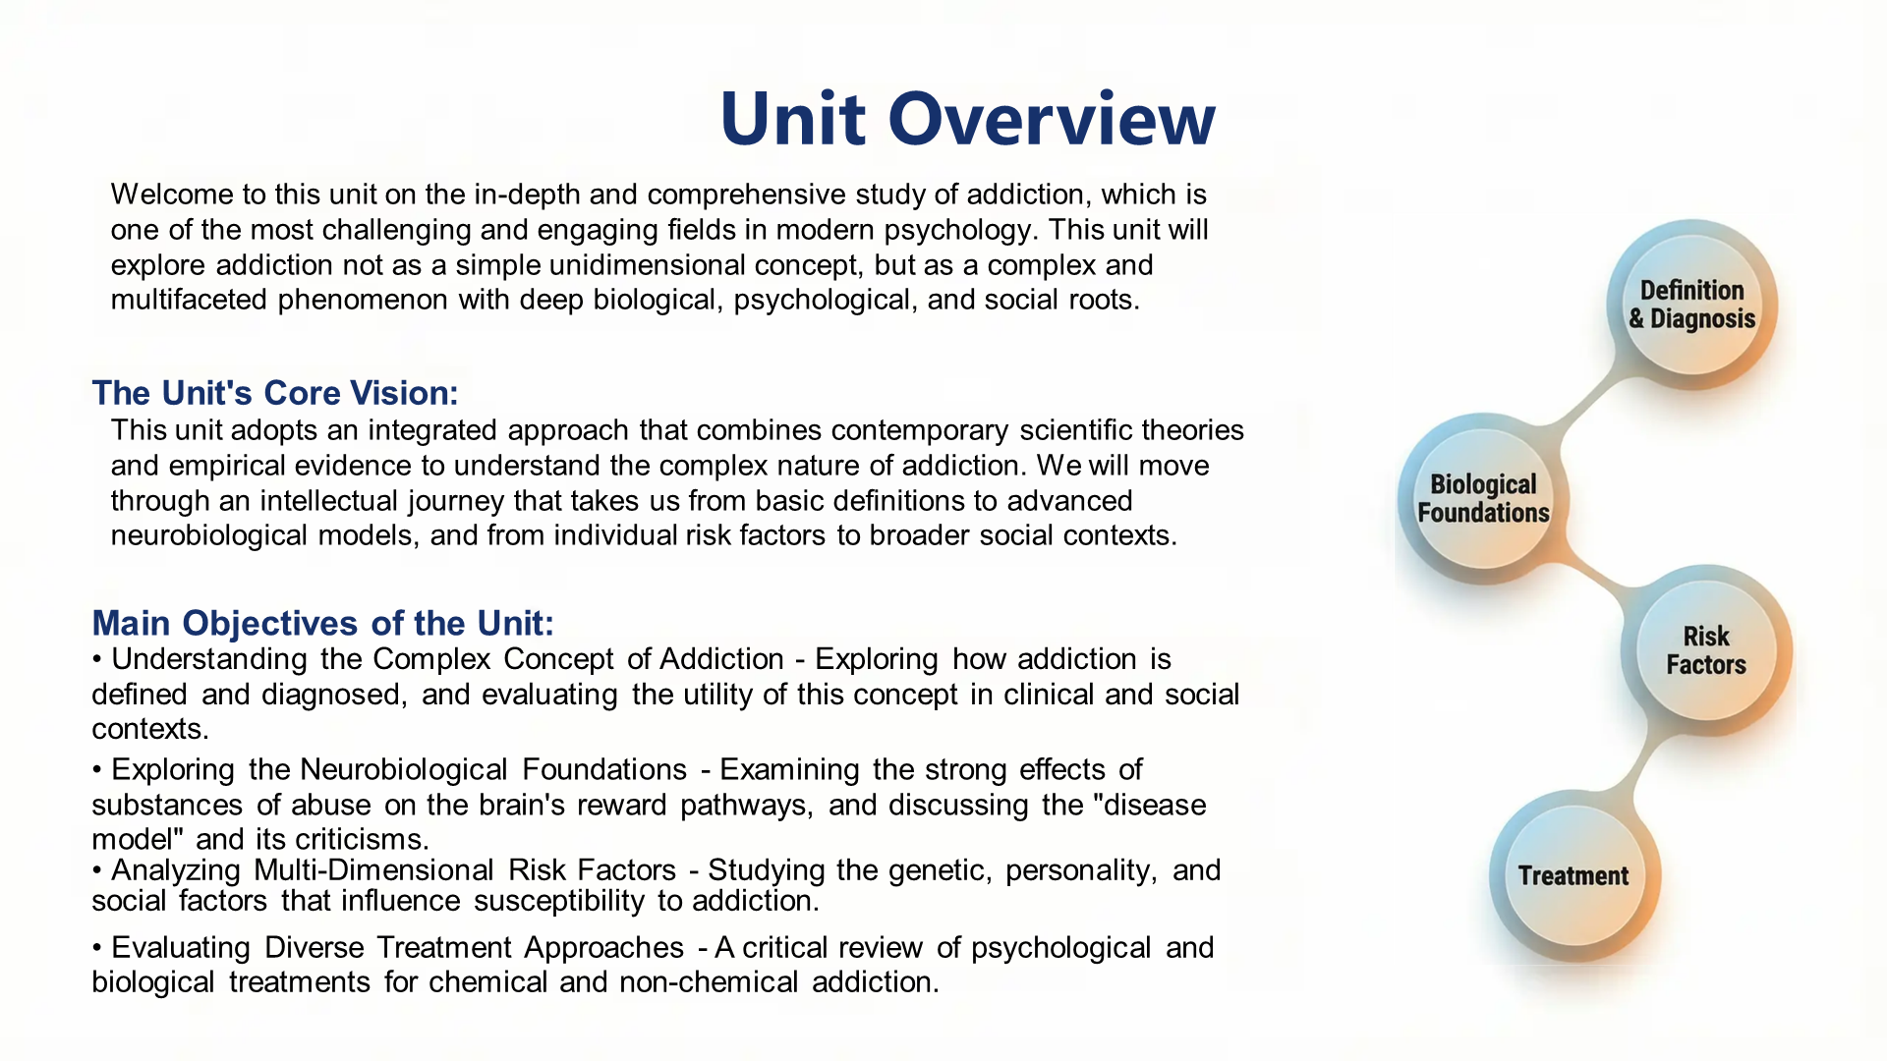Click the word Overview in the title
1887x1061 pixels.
click(1052, 119)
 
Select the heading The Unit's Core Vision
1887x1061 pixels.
click(275, 393)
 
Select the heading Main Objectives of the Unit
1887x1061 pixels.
click(322, 623)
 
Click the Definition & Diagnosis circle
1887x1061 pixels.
click(1691, 305)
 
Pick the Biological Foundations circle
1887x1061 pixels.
click(1482, 499)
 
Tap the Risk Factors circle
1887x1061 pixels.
click(1705, 650)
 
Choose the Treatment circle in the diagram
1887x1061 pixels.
click(1572, 875)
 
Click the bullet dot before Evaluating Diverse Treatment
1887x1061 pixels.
click(97, 949)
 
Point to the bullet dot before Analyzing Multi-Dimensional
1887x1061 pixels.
click(97, 871)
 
